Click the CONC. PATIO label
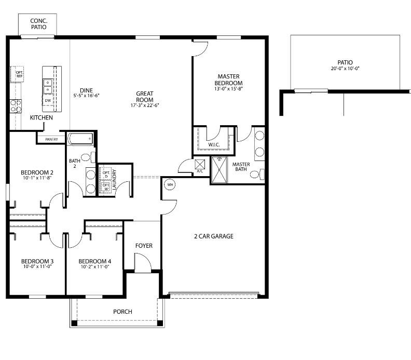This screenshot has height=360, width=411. [x=38, y=24]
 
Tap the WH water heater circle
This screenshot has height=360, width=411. [x=169, y=184]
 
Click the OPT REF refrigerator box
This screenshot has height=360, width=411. [x=19, y=75]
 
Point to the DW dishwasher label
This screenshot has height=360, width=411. [x=48, y=100]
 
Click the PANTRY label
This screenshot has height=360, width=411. [x=51, y=139]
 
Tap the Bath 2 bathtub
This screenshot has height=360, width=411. [x=80, y=139]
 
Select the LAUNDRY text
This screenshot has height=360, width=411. [x=114, y=180]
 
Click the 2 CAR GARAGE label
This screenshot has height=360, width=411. [x=214, y=236]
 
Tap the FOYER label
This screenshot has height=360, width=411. [x=144, y=246]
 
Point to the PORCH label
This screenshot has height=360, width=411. [x=122, y=312]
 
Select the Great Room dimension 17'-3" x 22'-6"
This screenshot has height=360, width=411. [x=144, y=105]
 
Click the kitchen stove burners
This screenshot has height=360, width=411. [x=16, y=106]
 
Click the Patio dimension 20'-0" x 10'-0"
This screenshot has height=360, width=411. [x=345, y=69]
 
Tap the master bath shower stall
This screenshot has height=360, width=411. [x=219, y=169]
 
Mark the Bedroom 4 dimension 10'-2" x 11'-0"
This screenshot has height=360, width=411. [x=94, y=268]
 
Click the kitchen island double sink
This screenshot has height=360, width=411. [x=48, y=86]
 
